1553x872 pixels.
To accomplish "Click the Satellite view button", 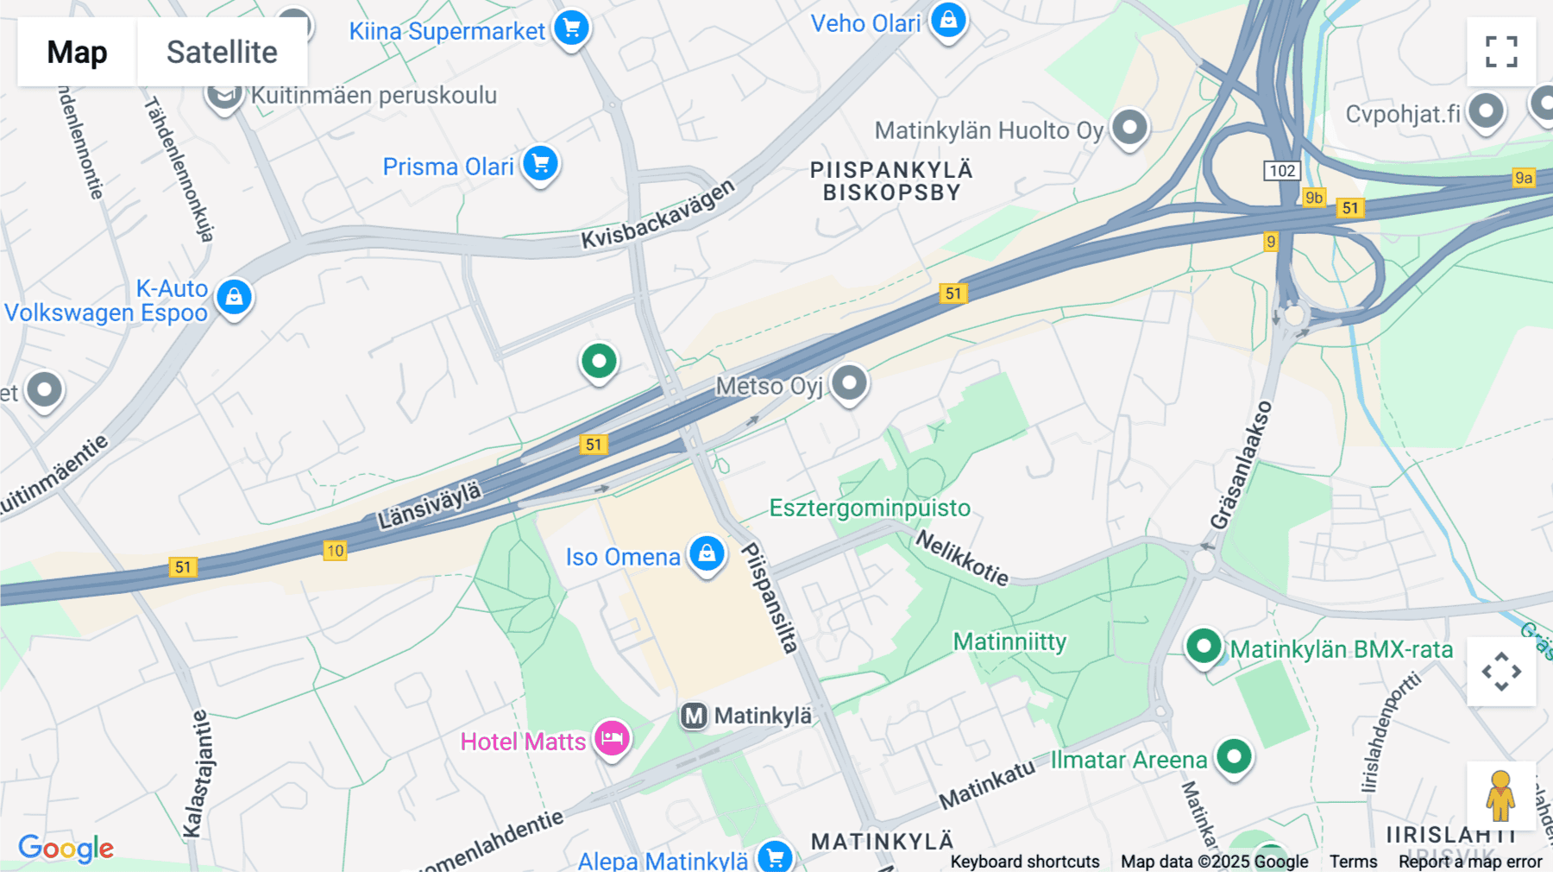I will point(222,52).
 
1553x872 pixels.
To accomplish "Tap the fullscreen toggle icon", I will point(1501,52).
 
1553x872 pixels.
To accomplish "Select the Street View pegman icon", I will point(1500,795).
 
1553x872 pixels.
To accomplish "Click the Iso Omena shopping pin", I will point(707,553).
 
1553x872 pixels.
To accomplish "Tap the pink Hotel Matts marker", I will point(612,738).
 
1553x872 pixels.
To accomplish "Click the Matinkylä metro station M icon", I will point(695,716).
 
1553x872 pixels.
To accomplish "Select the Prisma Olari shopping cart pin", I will point(541,163).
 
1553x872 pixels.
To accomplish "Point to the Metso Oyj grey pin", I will point(849,382).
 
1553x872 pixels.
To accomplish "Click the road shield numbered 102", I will point(1282,170).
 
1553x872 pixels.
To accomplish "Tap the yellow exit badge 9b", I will point(1314,198).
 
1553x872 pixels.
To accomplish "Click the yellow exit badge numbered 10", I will point(335,551).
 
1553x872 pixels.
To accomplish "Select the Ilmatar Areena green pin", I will point(1234,757).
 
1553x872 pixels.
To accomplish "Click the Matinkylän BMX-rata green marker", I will point(1204,646).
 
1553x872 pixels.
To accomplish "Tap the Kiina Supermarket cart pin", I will point(571,28).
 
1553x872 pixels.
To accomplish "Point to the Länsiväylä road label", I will point(430,507).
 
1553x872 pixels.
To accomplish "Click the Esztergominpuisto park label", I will point(870,508).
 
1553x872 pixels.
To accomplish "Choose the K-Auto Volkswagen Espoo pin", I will point(234,297).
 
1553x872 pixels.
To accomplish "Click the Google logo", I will point(66,848).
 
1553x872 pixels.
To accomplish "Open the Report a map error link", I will point(1470,862).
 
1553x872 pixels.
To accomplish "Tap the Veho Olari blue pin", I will point(948,20).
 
